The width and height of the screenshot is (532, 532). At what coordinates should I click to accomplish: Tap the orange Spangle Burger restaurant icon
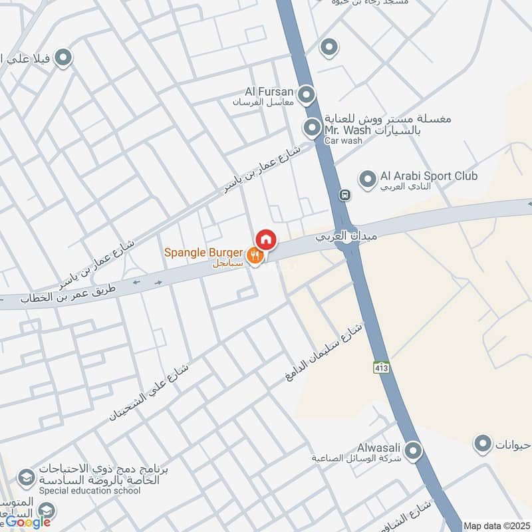coord(254,255)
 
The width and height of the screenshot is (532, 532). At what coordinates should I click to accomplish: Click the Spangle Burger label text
coord(203,253)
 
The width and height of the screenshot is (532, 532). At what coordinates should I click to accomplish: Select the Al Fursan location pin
coord(306,95)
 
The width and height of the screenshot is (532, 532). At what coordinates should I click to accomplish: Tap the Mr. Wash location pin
coord(312,127)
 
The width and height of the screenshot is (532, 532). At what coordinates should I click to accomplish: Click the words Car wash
coord(343,141)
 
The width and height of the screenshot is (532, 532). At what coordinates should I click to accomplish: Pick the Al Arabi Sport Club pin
coord(367,179)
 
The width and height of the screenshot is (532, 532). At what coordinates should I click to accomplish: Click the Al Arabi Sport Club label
coord(429,176)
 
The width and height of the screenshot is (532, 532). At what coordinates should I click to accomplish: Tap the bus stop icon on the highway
coord(344,196)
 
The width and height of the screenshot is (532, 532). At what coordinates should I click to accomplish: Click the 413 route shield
coord(381,367)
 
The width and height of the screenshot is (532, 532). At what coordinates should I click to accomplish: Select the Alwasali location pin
coord(413,452)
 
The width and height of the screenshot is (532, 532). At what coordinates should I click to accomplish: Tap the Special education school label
coord(90,491)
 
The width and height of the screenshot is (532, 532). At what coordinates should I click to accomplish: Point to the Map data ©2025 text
coord(496,526)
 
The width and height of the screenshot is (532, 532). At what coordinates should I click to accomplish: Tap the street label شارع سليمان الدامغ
coord(323,352)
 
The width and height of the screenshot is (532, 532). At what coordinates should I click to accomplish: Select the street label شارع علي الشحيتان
coord(149,392)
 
